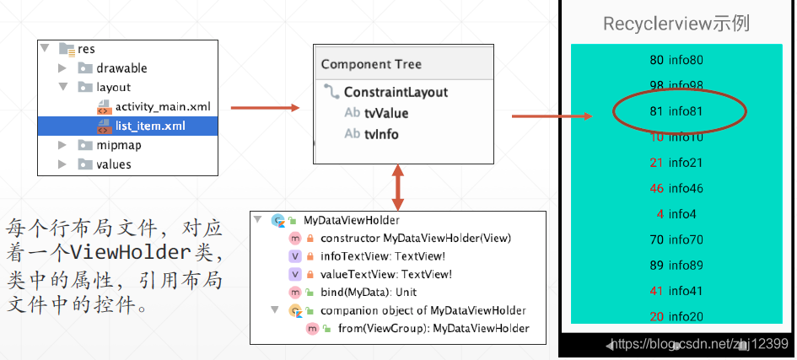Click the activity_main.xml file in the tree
[162, 106]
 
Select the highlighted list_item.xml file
[150, 126]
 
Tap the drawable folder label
[121, 68]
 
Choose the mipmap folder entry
[118, 145]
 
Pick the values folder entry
[114, 164]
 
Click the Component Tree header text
[371, 64]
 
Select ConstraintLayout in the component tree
[396, 92]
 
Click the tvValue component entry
[386, 113]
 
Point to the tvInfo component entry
[381, 134]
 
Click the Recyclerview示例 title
[676, 24]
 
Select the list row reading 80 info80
[676, 60]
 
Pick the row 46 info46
[676, 188]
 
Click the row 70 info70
[676, 239]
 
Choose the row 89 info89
[676, 265]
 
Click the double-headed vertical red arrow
[397, 187]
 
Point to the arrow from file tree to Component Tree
[266, 107]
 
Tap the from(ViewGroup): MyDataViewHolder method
[434, 328]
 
